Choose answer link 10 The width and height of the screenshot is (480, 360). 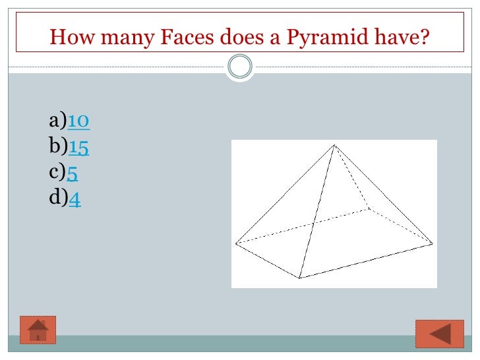(x=78, y=121)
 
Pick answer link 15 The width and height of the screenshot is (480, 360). (x=78, y=147)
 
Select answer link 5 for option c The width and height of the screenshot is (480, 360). (x=72, y=173)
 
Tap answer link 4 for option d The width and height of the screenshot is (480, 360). (x=75, y=198)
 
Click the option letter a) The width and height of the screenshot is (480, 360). (x=57, y=121)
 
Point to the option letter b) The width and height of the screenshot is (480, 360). (x=58, y=147)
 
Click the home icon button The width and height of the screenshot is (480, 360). (x=38, y=330)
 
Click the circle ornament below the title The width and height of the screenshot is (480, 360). (x=240, y=67)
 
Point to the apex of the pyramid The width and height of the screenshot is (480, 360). (x=334, y=145)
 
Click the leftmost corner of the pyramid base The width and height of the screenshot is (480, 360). (x=236, y=243)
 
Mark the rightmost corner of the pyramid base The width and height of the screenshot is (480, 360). (x=433, y=243)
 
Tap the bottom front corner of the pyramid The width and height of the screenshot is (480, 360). (x=300, y=278)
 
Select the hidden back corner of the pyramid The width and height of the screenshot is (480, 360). (x=369, y=209)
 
